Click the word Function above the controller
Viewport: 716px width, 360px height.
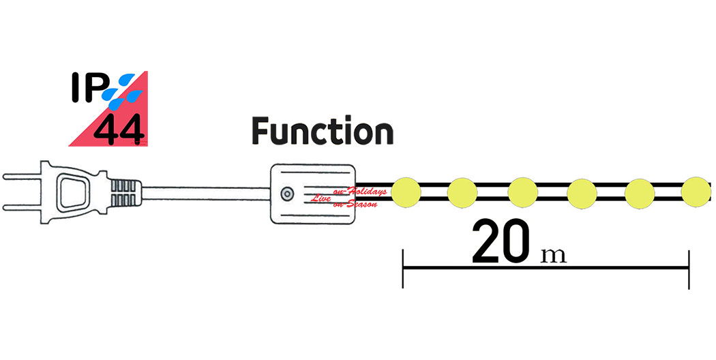(323, 132)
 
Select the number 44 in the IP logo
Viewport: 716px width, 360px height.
(119, 130)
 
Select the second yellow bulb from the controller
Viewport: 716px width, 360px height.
(462, 192)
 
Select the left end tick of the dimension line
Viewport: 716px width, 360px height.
(403, 269)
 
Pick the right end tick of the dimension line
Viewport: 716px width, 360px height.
(689, 269)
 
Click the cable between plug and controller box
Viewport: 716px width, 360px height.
(205, 192)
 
